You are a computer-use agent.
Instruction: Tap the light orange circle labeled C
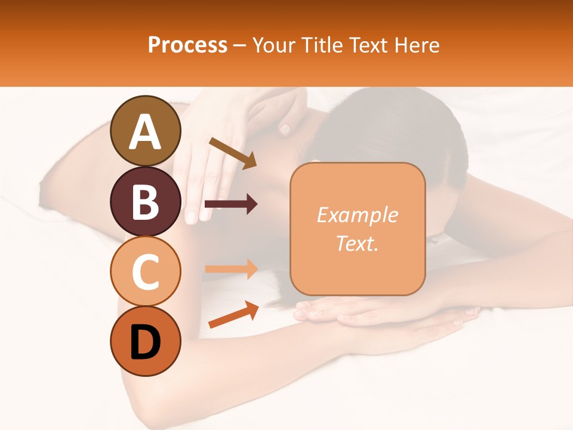tap(146, 271)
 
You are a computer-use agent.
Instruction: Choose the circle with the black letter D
tap(146, 341)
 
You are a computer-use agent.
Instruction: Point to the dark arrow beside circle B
tap(231, 204)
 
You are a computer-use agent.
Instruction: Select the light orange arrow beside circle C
tap(231, 269)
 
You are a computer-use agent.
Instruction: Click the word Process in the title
tap(187, 45)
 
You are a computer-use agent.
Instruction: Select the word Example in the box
tap(357, 215)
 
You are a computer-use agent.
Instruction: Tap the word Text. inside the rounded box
tap(357, 243)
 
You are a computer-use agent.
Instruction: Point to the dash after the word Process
tap(239, 46)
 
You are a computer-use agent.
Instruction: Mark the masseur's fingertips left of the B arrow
tap(192, 215)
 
